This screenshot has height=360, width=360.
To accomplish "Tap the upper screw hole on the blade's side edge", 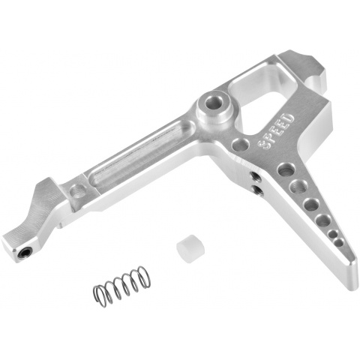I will click(256, 178).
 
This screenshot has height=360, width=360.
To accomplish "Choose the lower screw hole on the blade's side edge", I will click(259, 190).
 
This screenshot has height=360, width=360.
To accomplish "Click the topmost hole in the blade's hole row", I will click(286, 169).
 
